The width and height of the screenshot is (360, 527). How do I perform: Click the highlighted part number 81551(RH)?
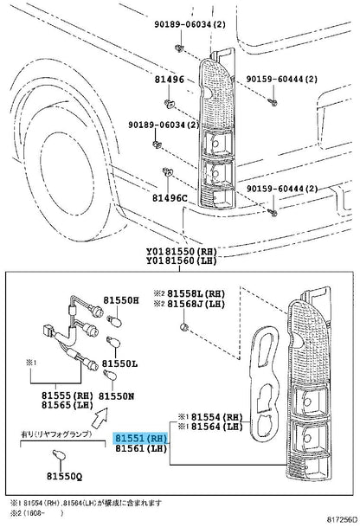(143, 439)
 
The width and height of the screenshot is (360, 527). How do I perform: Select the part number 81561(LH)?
(142, 450)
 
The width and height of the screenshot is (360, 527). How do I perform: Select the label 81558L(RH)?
(197, 294)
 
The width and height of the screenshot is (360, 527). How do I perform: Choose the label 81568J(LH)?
(197, 305)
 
